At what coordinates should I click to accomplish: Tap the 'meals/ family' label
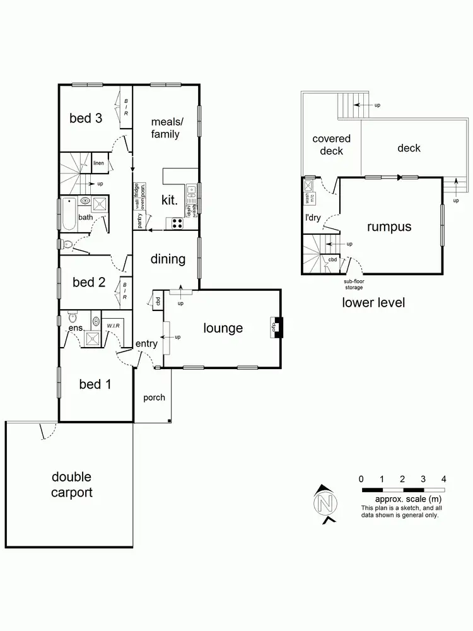click(x=165, y=127)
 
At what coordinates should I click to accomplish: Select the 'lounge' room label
click(x=223, y=328)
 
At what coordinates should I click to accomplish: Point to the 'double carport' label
click(x=71, y=484)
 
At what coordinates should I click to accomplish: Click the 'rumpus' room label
click(x=389, y=227)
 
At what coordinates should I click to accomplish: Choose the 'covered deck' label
click(x=331, y=144)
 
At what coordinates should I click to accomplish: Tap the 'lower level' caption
click(x=373, y=302)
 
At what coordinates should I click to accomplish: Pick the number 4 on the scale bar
click(x=444, y=478)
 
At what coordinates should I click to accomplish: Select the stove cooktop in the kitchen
click(x=174, y=222)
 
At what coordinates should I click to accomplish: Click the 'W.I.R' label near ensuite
click(x=113, y=326)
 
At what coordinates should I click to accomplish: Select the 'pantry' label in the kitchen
click(x=140, y=220)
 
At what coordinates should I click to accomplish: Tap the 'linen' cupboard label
click(x=98, y=163)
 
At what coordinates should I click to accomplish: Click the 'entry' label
click(x=146, y=344)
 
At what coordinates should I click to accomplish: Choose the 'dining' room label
click(x=168, y=259)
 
